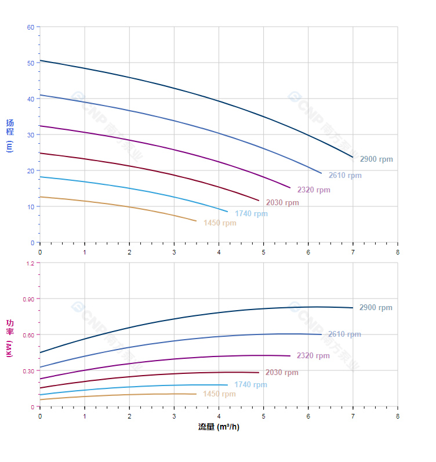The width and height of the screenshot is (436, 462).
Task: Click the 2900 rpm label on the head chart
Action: [376, 159]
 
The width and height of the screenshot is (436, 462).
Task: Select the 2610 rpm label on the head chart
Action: [345, 176]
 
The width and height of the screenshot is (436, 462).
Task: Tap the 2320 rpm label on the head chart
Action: [314, 190]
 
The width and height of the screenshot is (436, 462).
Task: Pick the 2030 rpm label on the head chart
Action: [282, 203]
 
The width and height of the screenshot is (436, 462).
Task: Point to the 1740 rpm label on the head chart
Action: [251, 214]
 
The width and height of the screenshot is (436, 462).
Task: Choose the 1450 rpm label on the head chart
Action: [220, 223]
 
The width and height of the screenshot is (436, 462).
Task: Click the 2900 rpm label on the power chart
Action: [376, 308]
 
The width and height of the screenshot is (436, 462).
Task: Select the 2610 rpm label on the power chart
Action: [344, 334]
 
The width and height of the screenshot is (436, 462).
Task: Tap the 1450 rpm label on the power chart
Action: [219, 394]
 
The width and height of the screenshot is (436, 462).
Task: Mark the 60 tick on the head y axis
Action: [31, 27]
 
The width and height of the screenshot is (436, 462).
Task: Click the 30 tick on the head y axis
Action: [31, 134]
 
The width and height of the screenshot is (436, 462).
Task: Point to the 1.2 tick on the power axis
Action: [30, 263]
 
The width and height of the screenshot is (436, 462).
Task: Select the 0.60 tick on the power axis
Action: [28, 334]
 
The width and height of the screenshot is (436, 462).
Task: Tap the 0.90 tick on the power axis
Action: [28, 299]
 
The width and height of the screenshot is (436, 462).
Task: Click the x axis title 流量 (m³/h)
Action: [219, 427]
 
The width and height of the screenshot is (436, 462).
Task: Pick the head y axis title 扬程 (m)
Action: [9, 135]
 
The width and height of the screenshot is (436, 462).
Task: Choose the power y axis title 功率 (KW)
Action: [9, 337]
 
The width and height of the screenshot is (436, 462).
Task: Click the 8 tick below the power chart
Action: [397, 416]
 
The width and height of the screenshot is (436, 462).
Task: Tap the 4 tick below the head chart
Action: [219, 252]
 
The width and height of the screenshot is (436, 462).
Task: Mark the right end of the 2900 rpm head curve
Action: [353, 157]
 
